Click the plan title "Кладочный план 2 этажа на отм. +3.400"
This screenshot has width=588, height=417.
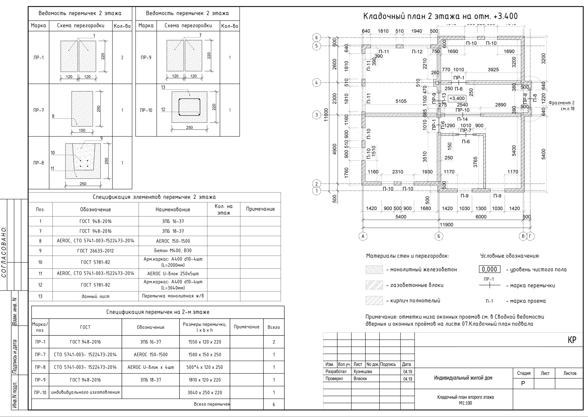[440, 17]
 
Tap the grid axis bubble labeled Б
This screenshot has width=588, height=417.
[439, 236]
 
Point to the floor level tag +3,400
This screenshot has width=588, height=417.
[457, 98]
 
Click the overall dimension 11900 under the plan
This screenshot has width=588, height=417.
[446, 225]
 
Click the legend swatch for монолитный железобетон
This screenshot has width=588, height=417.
[374, 270]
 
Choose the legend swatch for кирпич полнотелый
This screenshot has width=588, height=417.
[374, 301]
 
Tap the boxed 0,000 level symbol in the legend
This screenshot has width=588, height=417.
[490, 270]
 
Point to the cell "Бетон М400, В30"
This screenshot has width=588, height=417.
[173, 251]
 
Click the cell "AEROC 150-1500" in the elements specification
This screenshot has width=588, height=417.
[173, 241]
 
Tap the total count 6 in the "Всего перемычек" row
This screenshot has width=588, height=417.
[274, 404]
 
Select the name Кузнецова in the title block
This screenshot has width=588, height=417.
[363, 371]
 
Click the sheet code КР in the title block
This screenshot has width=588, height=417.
[572, 340]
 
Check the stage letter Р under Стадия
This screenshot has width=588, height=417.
[523, 383]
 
